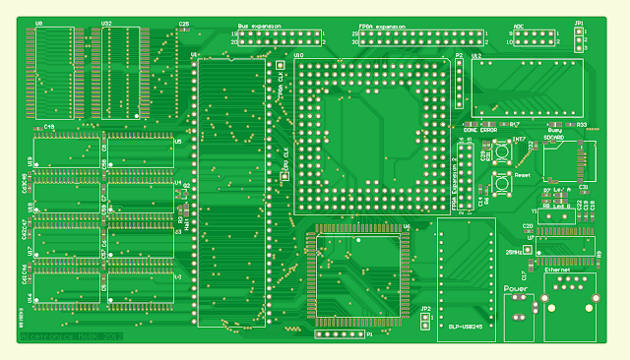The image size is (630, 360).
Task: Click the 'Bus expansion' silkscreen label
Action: [x=259, y=26]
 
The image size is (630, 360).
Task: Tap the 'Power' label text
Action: [x=515, y=289]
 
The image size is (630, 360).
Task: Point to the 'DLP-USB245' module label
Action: [x=462, y=327]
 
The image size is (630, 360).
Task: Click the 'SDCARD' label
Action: [x=555, y=139]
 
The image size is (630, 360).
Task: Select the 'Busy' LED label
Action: [x=555, y=131]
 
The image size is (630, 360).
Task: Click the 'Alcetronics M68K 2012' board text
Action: [x=71, y=336]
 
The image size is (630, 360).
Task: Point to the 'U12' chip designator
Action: [x=476, y=57]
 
